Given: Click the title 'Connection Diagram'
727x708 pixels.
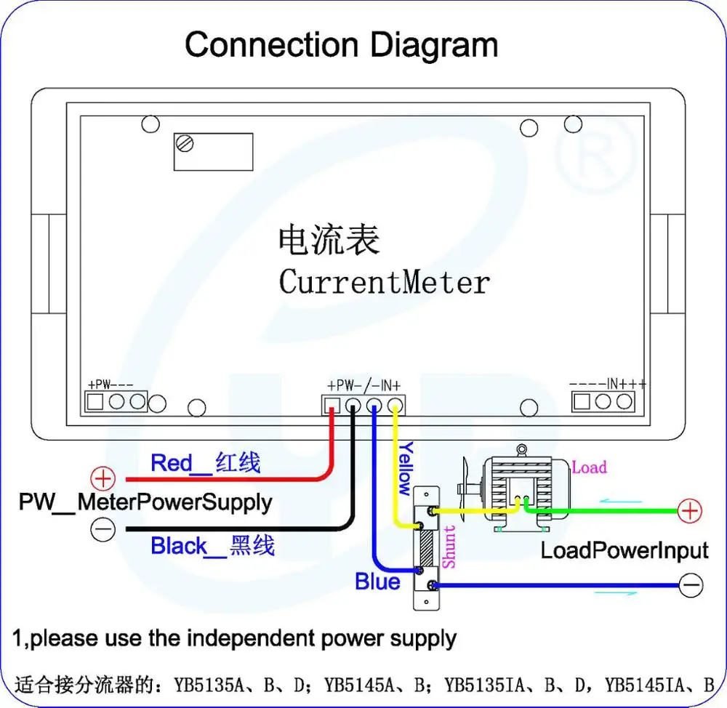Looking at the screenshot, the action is (x=341, y=45).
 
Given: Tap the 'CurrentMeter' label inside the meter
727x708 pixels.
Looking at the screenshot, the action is (x=384, y=282).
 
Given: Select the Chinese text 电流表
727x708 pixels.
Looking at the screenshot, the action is (x=329, y=240).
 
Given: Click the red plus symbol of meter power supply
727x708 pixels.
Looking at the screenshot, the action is (x=103, y=478).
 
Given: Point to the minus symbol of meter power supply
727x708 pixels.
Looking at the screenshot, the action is (x=103, y=529).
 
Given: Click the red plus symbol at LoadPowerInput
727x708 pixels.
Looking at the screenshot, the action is (x=690, y=511).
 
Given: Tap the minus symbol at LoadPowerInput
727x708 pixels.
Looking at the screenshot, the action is (x=691, y=585).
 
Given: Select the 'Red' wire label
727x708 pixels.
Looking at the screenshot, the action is (x=172, y=463).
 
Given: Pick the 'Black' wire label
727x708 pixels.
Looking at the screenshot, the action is (x=179, y=546).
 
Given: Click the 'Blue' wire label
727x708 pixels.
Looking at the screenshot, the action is (x=377, y=582).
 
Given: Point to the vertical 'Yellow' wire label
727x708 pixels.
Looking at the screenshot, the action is (x=406, y=468).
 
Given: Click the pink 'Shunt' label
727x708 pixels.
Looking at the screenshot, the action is (x=449, y=547).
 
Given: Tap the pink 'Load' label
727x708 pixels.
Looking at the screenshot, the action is (x=590, y=467).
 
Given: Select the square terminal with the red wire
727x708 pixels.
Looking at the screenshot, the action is (x=332, y=406).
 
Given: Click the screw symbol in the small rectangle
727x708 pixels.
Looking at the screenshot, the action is (x=185, y=143).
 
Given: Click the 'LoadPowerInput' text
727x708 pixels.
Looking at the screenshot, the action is (x=624, y=550).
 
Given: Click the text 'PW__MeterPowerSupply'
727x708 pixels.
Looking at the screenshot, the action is (x=145, y=502).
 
